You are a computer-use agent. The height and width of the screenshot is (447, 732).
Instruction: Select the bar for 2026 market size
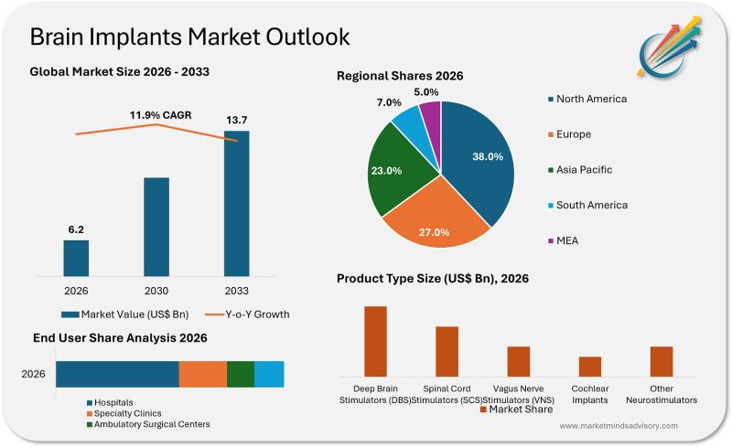pos(76,257)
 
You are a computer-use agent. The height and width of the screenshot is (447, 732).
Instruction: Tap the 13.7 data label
pos(236,120)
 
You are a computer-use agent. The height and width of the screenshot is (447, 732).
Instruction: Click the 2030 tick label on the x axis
pos(156,291)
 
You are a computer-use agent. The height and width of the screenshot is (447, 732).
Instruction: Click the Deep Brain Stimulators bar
pos(375,341)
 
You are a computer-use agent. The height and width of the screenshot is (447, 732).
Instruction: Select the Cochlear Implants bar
pos(590,366)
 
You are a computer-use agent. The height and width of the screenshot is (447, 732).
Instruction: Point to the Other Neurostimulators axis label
pos(662,394)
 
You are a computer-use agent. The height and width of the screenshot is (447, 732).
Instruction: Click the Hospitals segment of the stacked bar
pos(117,374)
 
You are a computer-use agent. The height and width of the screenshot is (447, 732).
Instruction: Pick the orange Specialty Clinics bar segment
pos(202,374)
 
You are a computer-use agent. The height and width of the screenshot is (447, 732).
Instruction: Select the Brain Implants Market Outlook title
pos(189,37)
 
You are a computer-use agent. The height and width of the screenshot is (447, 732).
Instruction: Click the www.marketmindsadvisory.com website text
pos(618,426)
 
